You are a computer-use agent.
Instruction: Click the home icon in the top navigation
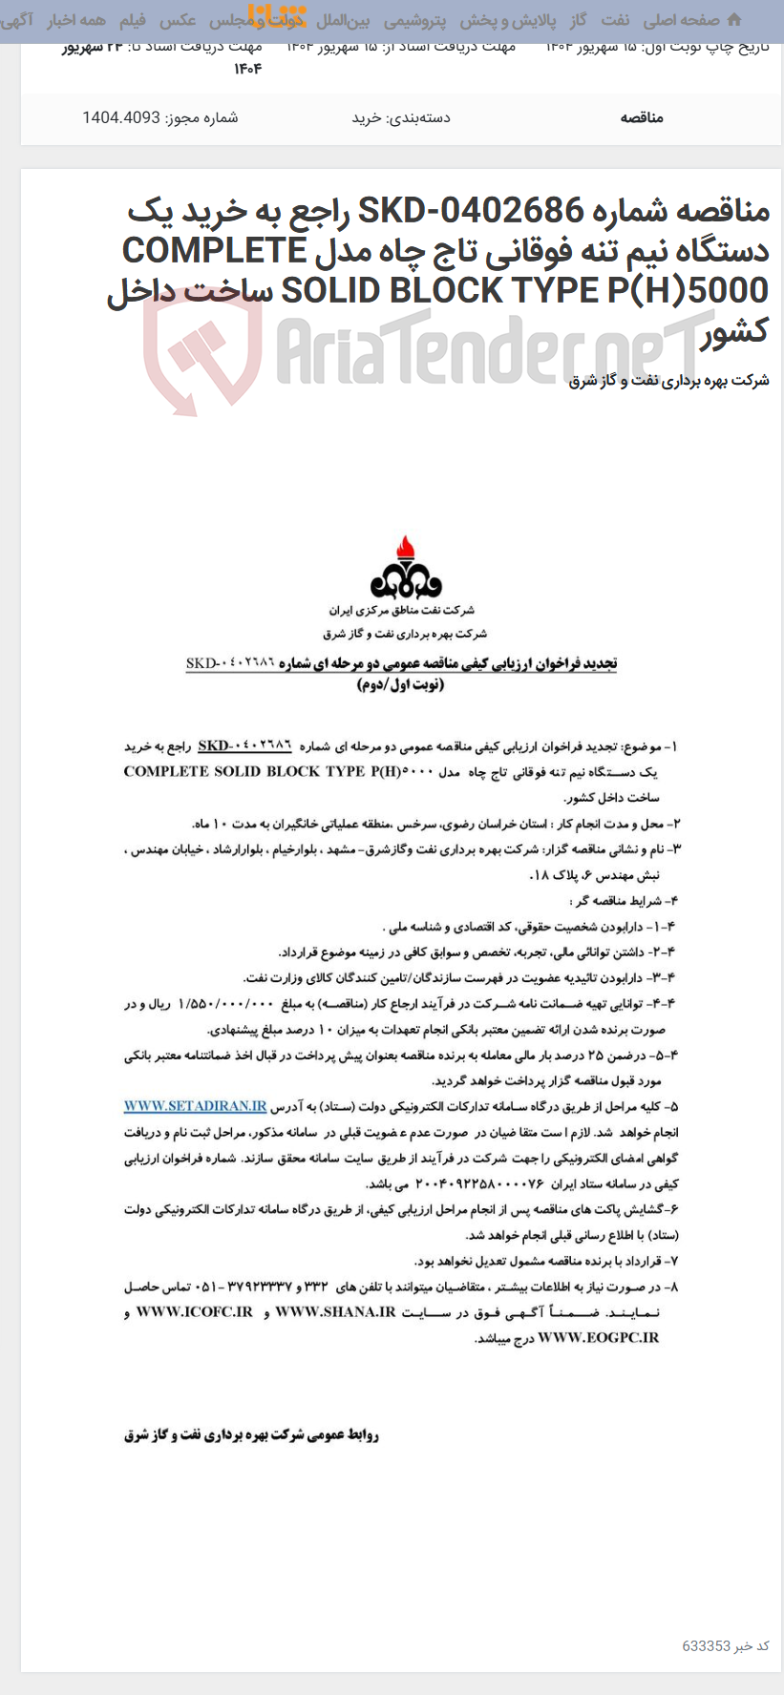733,20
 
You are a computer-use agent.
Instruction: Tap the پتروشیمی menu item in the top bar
414,20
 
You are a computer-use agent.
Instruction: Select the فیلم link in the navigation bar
133,20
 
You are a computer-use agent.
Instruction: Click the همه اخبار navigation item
76,20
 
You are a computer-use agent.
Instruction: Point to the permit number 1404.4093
120,117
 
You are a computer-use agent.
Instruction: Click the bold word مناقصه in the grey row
641,117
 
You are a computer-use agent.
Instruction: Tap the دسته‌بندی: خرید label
400,117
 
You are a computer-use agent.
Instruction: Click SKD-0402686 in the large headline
471,210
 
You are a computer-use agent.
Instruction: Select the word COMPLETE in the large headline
214,250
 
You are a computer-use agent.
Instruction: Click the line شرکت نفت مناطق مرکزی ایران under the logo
402,610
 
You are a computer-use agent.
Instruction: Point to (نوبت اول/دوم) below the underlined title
401,685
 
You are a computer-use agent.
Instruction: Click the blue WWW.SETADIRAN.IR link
195,1106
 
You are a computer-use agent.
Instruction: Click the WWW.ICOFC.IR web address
195,1312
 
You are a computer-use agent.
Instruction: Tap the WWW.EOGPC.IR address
598,1338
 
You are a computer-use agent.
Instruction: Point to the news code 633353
706,1646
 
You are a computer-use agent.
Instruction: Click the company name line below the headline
668,381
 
